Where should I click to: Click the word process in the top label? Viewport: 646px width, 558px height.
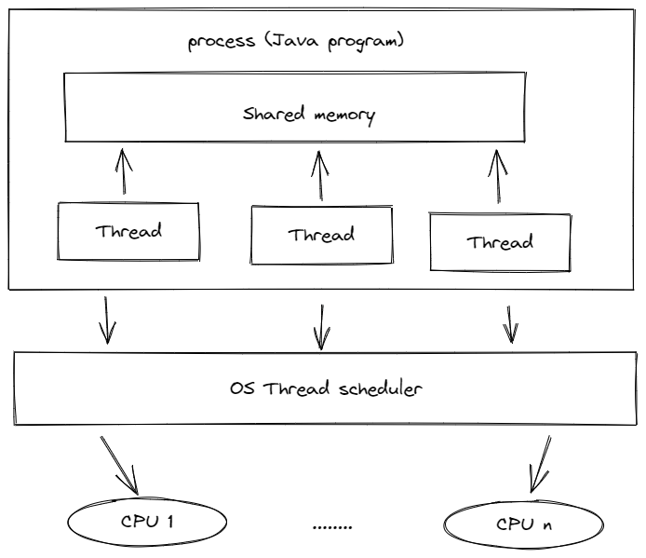click(x=220, y=43)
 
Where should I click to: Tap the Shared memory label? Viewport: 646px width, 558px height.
click(x=308, y=116)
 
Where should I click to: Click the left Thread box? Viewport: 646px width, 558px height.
click(x=128, y=231)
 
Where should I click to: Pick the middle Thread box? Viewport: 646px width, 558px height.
click(x=320, y=235)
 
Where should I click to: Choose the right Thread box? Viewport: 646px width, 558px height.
click(x=500, y=242)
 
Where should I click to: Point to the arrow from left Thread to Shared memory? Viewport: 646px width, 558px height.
click(x=122, y=171)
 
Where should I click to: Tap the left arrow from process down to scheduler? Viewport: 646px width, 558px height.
click(x=107, y=320)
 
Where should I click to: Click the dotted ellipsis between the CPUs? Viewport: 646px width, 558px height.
click(x=332, y=528)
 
